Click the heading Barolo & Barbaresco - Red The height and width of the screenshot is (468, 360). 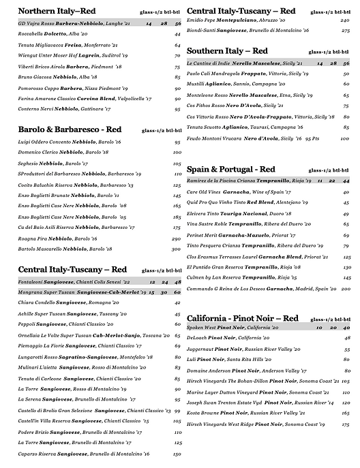(70, 128)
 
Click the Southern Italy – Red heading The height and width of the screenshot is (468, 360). (227, 50)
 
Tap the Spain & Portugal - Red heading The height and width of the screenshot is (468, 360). (231, 169)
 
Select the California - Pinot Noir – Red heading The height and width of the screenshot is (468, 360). (242, 317)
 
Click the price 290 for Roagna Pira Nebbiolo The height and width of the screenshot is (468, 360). (176, 239)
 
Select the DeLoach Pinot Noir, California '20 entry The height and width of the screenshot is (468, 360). (224, 337)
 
